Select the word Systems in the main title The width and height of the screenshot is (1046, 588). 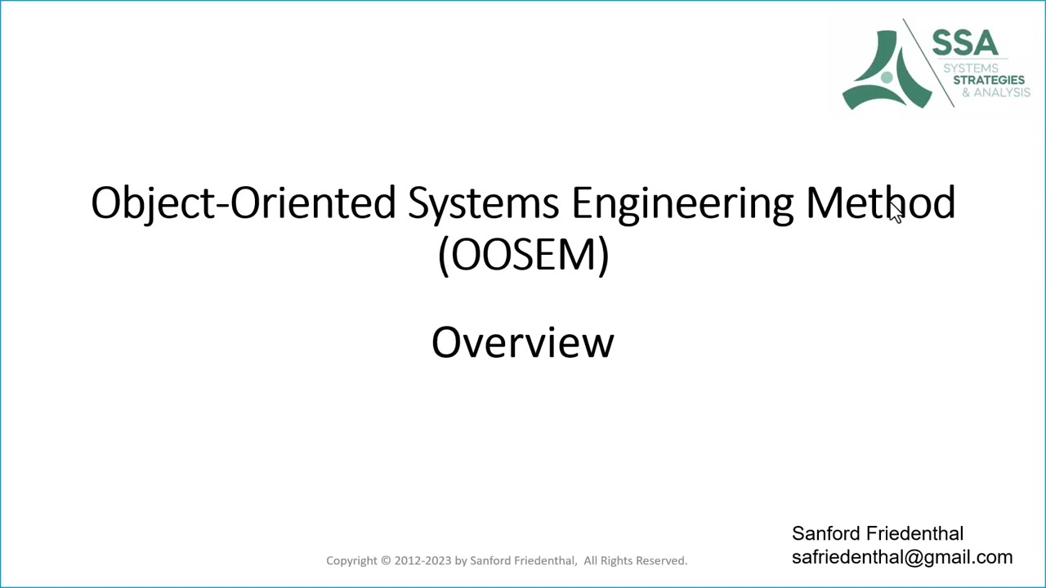click(x=483, y=203)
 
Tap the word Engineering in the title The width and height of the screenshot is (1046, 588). click(x=682, y=203)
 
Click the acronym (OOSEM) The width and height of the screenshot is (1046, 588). click(x=523, y=255)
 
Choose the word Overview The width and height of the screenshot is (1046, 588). click(x=523, y=342)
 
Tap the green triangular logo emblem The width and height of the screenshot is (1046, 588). click(x=886, y=73)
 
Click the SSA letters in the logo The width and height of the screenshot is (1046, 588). click(x=965, y=43)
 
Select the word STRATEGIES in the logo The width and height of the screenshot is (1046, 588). click(x=988, y=80)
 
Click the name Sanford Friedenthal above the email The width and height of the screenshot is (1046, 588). click(x=877, y=533)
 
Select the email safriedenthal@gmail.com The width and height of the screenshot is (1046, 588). click(x=901, y=557)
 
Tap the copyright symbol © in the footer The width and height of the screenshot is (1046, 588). click(x=386, y=560)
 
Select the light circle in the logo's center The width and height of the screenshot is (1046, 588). click(x=887, y=78)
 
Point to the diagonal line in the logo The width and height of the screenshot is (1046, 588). click(x=928, y=63)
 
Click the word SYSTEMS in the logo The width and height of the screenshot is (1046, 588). click(x=970, y=68)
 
